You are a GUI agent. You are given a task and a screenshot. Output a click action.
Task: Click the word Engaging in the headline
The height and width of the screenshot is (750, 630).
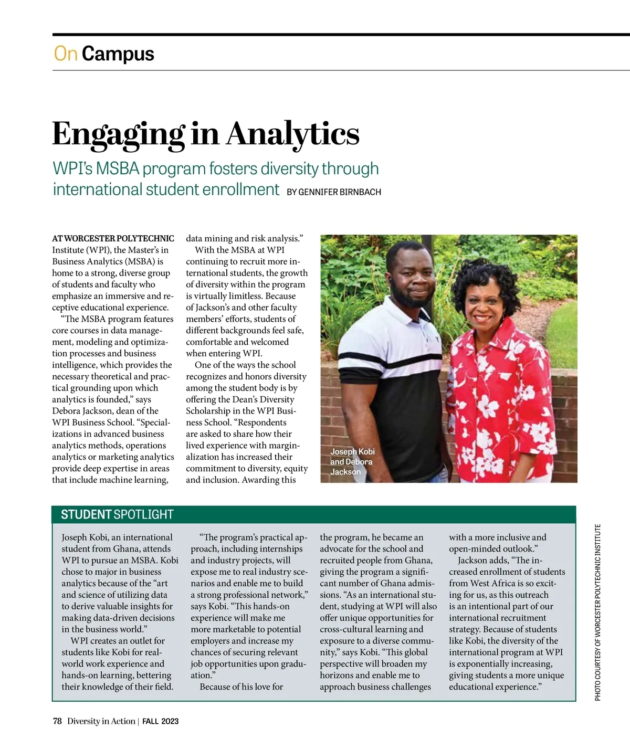[118, 134]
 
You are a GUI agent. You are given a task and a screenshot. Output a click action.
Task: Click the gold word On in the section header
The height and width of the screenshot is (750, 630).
[66, 54]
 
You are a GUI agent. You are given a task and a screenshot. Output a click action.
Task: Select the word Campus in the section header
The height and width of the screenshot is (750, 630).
[118, 54]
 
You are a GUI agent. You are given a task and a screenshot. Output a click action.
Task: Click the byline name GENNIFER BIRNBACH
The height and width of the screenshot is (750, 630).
[340, 192]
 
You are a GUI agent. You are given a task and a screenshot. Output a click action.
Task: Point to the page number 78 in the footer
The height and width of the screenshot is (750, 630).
[57, 721]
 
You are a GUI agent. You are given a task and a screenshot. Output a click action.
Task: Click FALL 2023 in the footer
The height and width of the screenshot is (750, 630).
[161, 721]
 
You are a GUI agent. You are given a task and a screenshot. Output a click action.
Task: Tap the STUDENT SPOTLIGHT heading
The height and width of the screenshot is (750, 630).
[117, 514]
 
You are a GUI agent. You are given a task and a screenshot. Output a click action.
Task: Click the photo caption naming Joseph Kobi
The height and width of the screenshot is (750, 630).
[352, 461]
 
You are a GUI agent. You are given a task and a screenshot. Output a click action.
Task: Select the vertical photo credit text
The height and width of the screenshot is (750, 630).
[598, 612]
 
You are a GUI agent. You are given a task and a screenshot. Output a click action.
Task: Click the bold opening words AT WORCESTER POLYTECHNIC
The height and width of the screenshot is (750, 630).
[113, 239]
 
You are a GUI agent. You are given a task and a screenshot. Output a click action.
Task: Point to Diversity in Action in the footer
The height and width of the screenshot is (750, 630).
[101, 721]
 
